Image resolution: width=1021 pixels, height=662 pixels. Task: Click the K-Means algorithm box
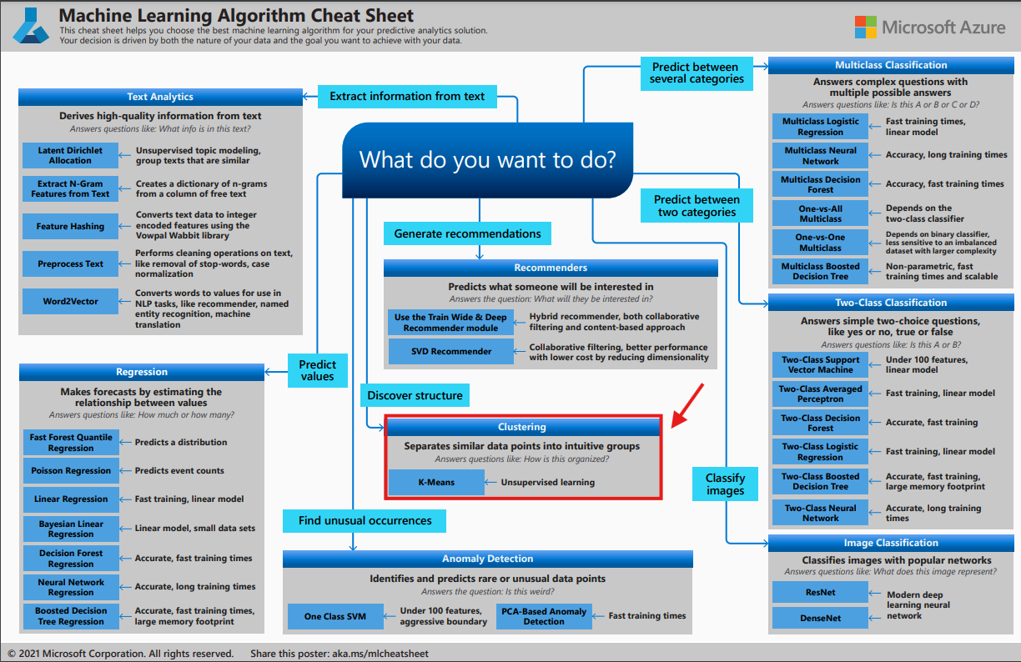pos(436,482)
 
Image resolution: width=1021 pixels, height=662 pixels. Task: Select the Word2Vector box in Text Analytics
pos(71,302)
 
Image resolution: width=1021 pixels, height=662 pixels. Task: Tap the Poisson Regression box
pos(71,471)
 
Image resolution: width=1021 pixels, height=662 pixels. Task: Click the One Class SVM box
pos(335,616)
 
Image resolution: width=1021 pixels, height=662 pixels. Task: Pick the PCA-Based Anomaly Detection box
pos(544,616)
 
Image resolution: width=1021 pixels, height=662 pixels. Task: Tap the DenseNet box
pos(821,618)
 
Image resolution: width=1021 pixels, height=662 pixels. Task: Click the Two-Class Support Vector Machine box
pos(821,365)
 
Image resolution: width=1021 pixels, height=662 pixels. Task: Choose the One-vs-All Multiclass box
pos(821,213)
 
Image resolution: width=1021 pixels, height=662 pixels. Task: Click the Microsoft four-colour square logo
pos(865,27)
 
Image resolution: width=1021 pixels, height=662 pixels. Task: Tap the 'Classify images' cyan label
pos(725,484)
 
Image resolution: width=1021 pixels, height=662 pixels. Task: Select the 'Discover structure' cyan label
pos(415,395)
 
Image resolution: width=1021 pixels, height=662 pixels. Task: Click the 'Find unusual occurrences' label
pos(365,521)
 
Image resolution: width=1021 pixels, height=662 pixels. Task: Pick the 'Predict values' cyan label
pos(318,370)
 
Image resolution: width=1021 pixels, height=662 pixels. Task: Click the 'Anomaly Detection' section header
pos(488,559)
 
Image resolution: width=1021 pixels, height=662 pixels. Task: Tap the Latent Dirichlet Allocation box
pos(71,156)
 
